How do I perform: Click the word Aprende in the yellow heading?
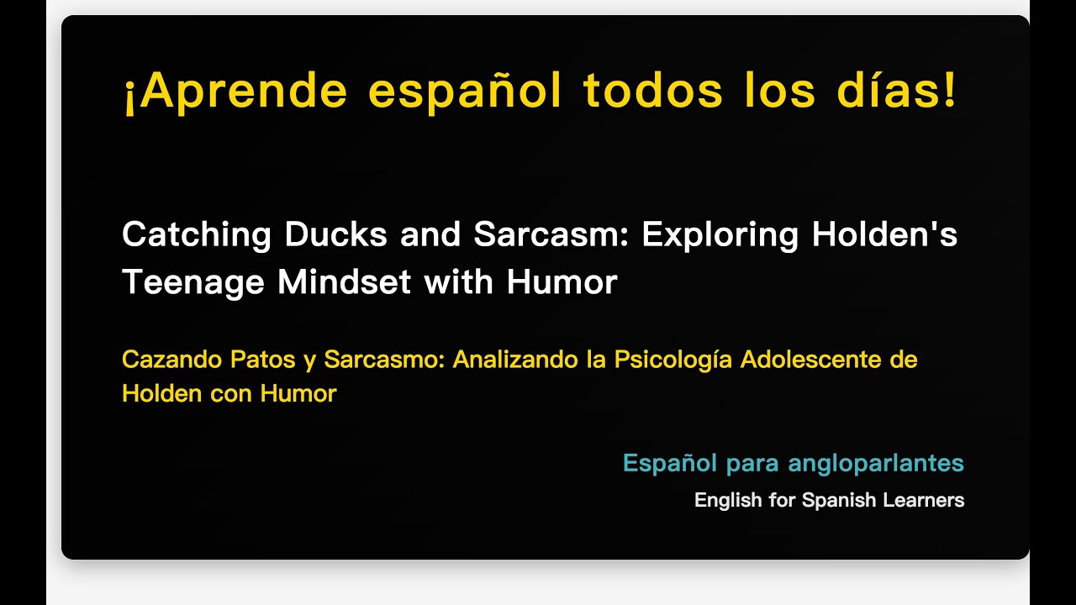point(244,92)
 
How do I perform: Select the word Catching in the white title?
point(196,234)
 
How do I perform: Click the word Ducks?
point(335,234)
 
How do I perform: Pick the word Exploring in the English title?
point(720,234)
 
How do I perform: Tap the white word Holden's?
point(884,234)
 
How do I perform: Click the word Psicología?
point(673,360)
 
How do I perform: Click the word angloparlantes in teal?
point(876,463)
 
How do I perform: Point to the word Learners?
point(923,501)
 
